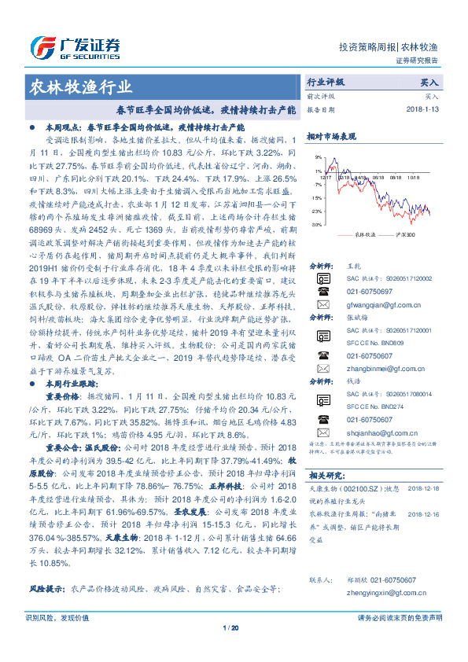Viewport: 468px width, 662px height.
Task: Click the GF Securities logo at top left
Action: click(x=75, y=43)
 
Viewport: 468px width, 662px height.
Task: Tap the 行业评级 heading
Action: click(x=326, y=82)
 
